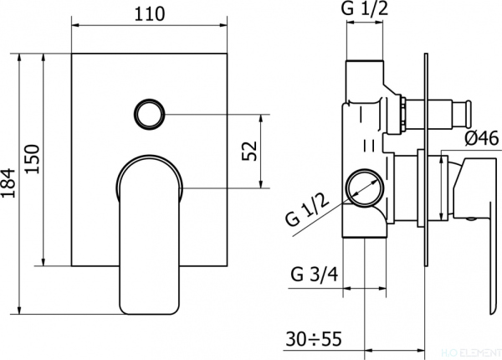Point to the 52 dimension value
coord(248,152)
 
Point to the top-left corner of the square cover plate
coord(73,54)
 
